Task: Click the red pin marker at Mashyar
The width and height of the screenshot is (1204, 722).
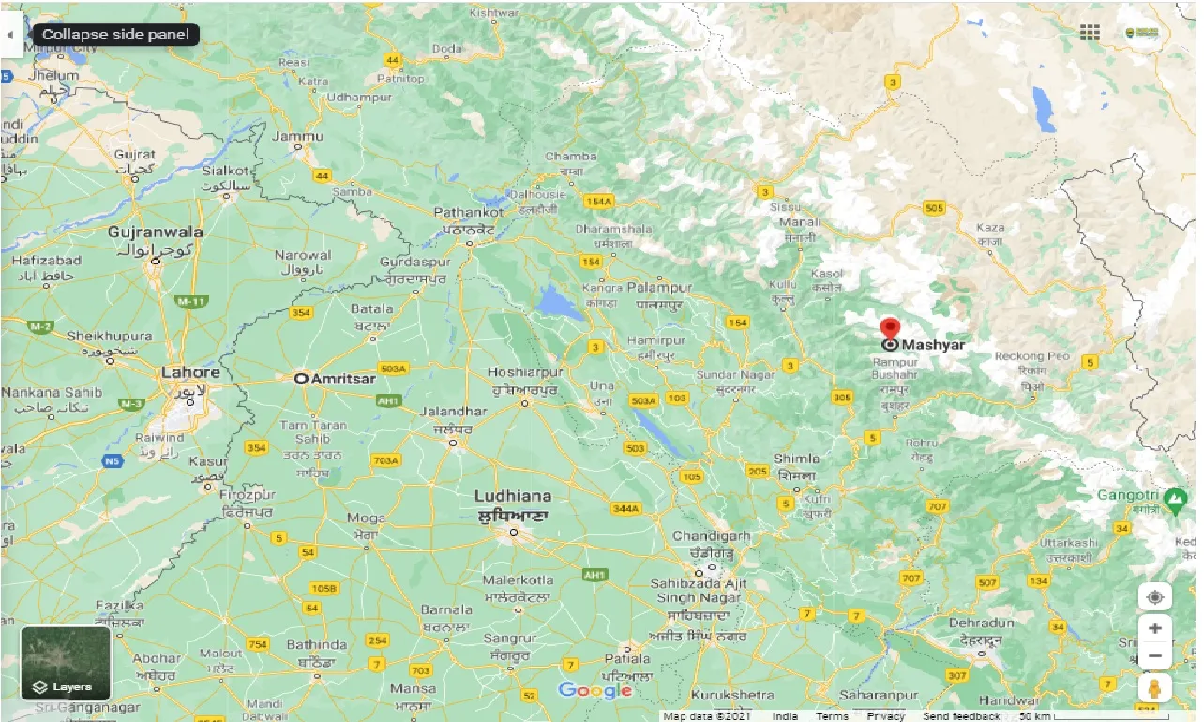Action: coord(890,329)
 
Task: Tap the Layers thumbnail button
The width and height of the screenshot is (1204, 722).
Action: coord(66,663)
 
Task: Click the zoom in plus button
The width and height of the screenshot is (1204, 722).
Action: coord(1155,628)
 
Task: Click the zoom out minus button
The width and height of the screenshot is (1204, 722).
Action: coord(1155,655)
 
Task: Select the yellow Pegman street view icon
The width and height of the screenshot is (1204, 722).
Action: coord(1155,689)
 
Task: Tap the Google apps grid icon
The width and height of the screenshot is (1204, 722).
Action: coord(1090,33)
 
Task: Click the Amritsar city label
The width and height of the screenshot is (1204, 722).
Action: coord(341,379)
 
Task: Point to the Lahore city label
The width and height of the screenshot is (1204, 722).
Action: coord(190,372)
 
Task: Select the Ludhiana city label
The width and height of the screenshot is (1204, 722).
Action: coord(513,496)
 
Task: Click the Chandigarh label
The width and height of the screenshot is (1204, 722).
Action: coord(712,536)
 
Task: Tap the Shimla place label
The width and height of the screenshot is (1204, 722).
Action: coord(797,459)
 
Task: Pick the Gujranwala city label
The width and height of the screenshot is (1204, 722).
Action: coord(155,232)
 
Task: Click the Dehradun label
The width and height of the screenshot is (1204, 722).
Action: coord(981,623)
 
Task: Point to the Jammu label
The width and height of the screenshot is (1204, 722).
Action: coord(296,136)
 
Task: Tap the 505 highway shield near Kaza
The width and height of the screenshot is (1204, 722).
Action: coord(933,207)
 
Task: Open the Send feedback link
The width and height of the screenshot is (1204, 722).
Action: coord(960,716)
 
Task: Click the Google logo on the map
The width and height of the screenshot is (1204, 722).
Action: coord(594,691)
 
